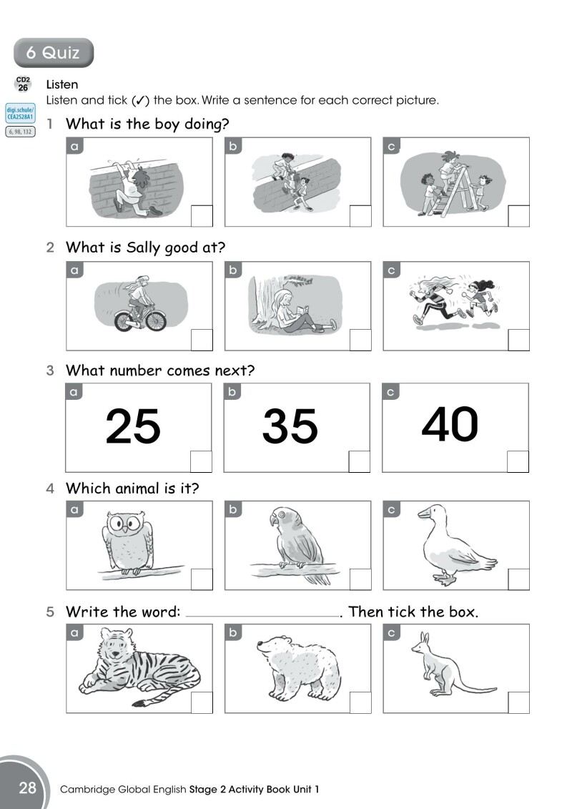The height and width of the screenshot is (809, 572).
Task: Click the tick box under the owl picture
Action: [202, 579]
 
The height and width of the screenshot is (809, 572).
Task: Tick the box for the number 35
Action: [360, 461]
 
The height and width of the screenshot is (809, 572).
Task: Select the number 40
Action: [450, 424]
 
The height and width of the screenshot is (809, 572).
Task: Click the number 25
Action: [133, 427]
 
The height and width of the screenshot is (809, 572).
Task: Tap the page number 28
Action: [27, 788]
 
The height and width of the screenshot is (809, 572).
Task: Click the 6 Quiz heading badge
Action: [53, 52]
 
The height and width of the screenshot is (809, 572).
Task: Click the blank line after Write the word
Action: [262, 614]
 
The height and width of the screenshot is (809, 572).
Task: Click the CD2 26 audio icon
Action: [23, 84]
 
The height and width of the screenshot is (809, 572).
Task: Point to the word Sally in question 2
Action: [144, 247]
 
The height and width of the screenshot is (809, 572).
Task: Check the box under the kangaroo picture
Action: [518, 702]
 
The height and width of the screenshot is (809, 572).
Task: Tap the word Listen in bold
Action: [61, 85]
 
